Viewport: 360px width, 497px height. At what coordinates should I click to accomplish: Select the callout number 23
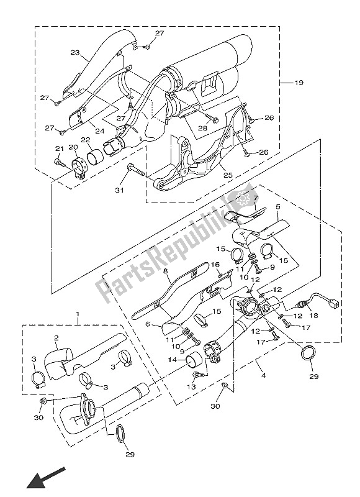(75, 53)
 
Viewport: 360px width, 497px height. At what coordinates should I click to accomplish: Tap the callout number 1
(78, 316)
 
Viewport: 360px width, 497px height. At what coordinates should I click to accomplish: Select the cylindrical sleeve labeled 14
(196, 359)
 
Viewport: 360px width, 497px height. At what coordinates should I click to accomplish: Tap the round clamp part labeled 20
(80, 166)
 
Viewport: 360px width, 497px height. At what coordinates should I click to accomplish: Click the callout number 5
(277, 206)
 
